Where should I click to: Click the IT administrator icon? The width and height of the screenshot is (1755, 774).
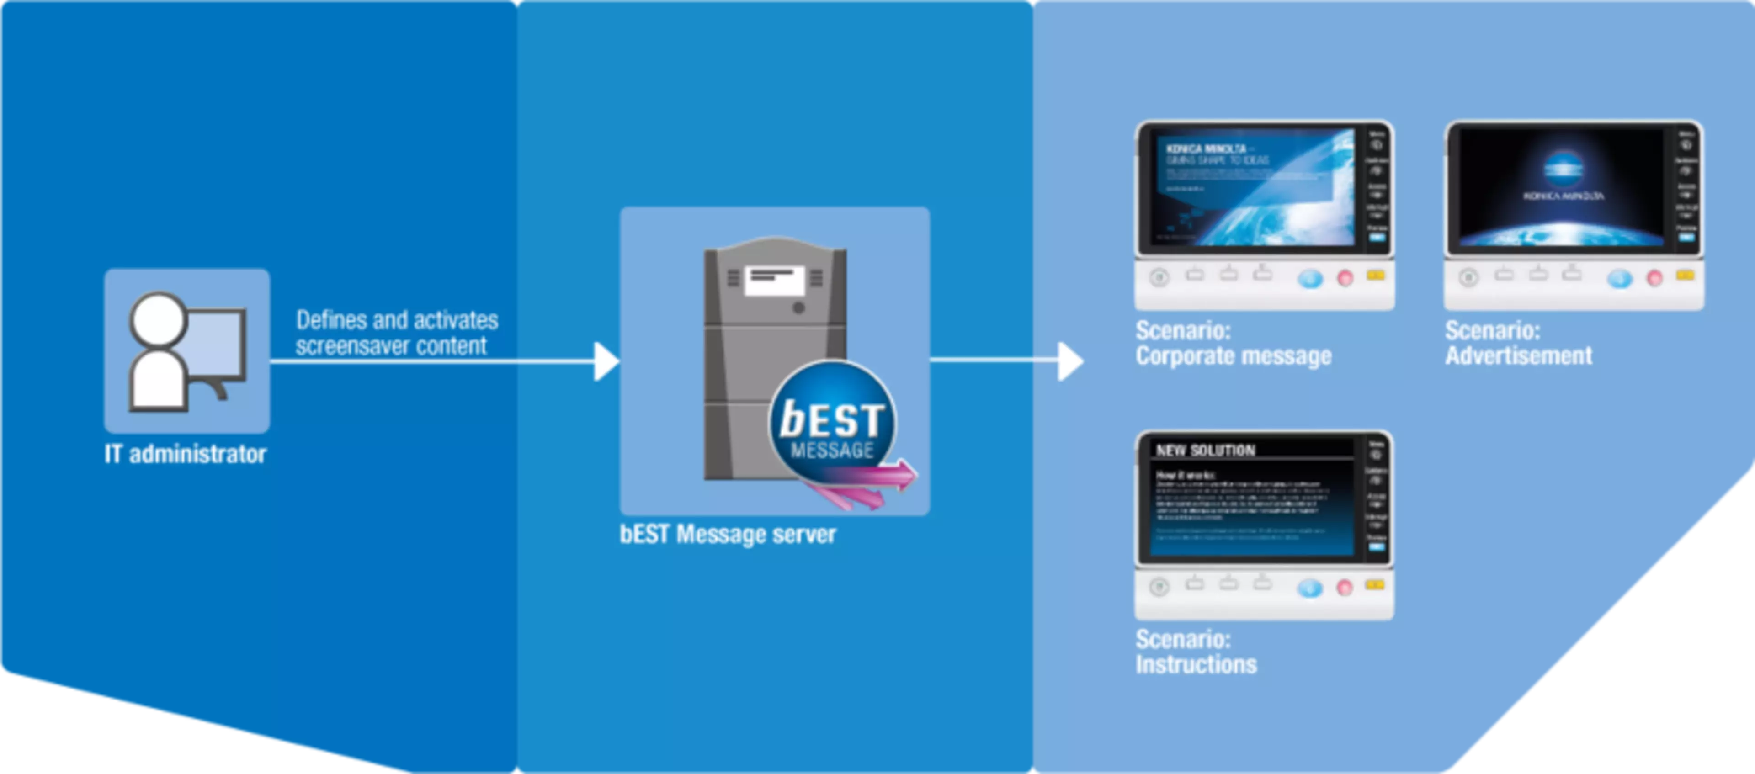point(186,351)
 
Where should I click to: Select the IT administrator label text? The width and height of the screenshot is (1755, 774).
point(185,455)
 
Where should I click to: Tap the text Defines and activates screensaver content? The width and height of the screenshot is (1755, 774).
point(397,333)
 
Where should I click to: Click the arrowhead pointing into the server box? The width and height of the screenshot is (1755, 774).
point(605,361)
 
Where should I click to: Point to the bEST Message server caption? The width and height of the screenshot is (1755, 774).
point(728,534)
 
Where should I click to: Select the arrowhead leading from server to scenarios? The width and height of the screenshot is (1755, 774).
point(1069,361)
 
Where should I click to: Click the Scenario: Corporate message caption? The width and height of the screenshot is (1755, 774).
point(1233,344)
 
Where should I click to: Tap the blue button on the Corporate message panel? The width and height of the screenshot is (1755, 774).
point(1309,279)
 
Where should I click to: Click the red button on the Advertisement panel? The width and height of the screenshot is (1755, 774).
point(1654,278)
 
